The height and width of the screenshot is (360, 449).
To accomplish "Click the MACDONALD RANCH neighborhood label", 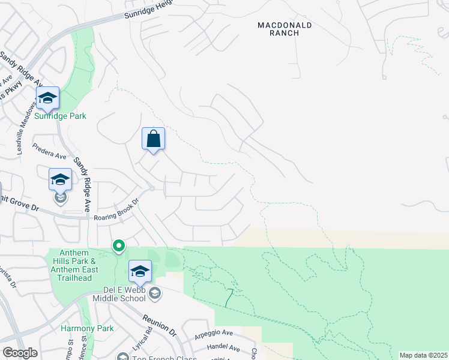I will tap(278, 29).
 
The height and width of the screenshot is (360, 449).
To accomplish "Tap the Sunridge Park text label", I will tap(60, 116).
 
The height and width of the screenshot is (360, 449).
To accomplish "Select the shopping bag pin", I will tap(154, 139).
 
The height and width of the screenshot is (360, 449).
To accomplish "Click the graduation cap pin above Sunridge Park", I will tap(47, 97).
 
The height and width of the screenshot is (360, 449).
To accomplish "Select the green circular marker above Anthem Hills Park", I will tap(119, 245).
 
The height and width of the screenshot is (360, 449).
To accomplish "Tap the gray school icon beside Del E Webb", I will tap(155, 293).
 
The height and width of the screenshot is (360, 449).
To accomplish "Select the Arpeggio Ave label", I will tap(213, 332).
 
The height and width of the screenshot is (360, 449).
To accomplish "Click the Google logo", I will tap(20, 353).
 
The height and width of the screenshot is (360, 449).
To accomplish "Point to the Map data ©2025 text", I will tap(423, 355).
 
